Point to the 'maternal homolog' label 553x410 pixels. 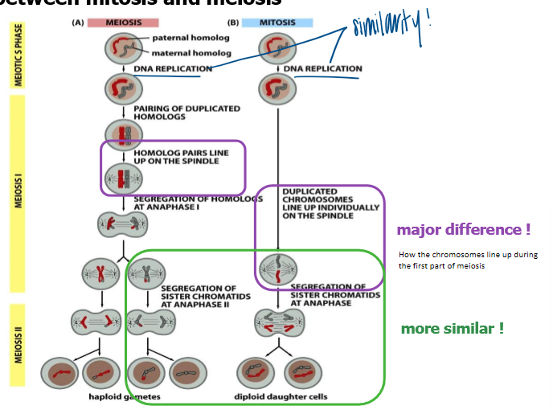pos(191,53)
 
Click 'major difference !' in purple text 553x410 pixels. pos(464,230)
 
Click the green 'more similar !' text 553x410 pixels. pos(453,328)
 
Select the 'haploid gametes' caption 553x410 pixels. pos(124,396)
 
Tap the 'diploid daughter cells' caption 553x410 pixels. pos(281,396)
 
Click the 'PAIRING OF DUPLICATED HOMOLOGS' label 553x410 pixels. pos(186,112)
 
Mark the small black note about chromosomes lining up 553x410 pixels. pos(468,260)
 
